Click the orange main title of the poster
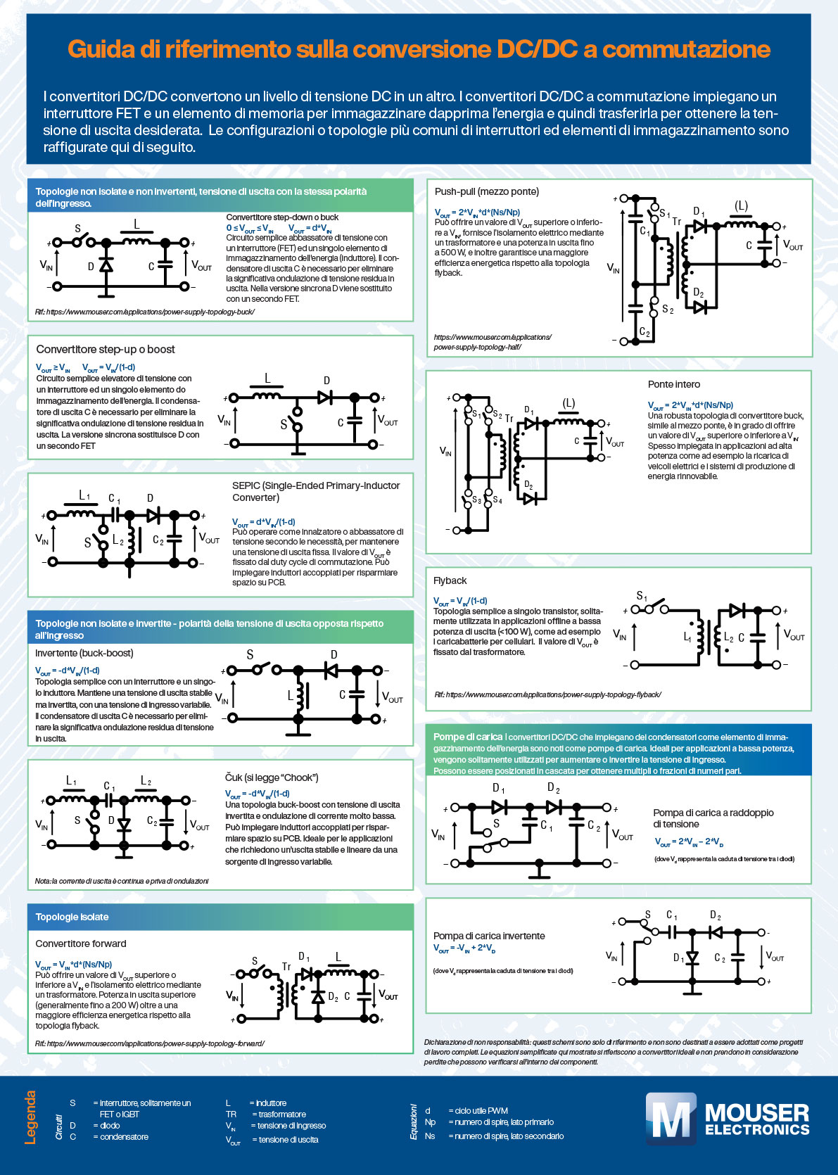pyautogui.click(x=419, y=49)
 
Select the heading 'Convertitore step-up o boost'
pyautogui.click(x=106, y=349)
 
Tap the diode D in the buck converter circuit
pyautogui.click(x=106, y=265)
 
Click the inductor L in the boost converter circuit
pyautogui.click(x=267, y=395)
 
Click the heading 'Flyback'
pyautogui.click(x=450, y=580)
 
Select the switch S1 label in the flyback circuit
pyautogui.click(x=642, y=597)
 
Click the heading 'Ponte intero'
pyautogui.click(x=673, y=384)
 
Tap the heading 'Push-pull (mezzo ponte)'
pyautogui.click(x=486, y=191)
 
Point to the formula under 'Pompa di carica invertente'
pyautogui.click(x=464, y=948)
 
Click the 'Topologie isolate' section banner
pyautogui.click(x=72, y=917)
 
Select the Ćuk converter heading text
pyautogui.click(x=272, y=777)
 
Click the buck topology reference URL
pyautogui.click(x=144, y=312)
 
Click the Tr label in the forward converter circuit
pyautogui.click(x=286, y=967)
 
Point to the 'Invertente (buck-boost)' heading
pyautogui.click(x=84, y=653)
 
